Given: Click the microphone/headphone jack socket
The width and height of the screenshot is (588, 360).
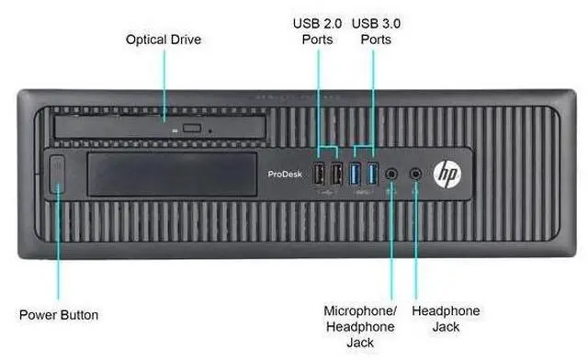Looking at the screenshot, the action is tap(394, 172).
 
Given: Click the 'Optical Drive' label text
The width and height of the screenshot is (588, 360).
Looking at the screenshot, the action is tap(163, 39).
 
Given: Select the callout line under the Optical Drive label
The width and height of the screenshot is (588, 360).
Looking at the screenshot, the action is tap(164, 83).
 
